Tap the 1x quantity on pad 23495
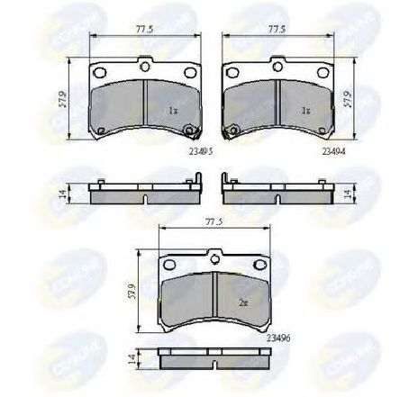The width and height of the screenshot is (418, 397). [x=173, y=111]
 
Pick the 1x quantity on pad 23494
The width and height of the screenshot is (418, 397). [x=305, y=111]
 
